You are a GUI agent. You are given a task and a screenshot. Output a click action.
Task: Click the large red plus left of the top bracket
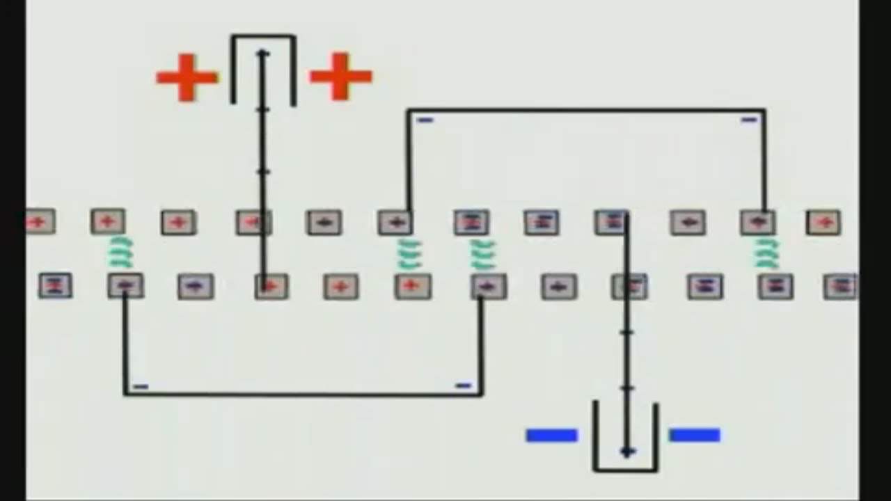(x=187, y=77)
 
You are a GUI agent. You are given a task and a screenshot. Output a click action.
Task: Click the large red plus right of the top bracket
(x=340, y=76)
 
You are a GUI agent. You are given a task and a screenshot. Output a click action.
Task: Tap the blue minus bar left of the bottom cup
(x=551, y=436)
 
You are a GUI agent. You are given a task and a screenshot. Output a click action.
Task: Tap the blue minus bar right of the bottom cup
(x=694, y=436)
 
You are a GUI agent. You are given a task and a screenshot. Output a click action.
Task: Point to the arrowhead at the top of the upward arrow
(x=263, y=54)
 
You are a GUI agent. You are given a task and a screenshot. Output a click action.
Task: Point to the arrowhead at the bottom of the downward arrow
(x=627, y=452)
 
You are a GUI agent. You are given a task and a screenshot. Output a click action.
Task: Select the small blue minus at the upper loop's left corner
(x=425, y=120)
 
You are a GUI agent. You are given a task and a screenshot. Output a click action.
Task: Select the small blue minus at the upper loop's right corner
(x=749, y=120)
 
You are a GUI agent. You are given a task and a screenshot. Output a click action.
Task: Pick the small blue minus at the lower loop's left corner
(x=141, y=386)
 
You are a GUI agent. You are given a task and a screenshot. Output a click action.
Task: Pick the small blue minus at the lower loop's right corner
(x=463, y=385)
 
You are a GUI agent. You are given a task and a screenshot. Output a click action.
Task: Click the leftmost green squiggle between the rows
(x=120, y=253)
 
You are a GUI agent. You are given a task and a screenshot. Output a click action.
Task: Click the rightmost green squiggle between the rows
(x=766, y=253)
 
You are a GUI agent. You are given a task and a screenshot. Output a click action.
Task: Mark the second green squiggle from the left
(x=409, y=254)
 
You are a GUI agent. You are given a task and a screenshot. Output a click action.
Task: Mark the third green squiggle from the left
(x=482, y=254)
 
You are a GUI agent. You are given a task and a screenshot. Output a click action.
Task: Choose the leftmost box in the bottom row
(x=55, y=285)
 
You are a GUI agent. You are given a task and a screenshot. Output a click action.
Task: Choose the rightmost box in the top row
(x=823, y=223)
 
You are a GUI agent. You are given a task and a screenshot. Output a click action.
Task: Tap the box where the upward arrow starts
(x=271, y=286)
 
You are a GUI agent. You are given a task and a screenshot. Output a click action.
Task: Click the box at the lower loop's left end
(x=125, y=285)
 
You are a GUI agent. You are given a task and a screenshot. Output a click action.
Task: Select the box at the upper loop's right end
(x=757, y=223)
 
